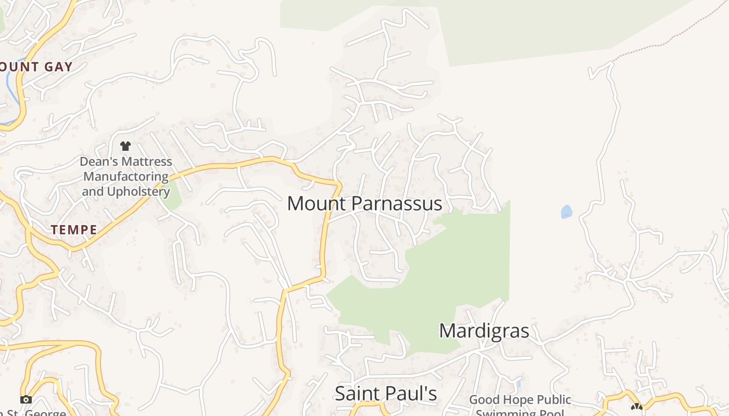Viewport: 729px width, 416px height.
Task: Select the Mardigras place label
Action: (484, 331)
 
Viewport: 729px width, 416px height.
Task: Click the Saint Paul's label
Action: (385, 394)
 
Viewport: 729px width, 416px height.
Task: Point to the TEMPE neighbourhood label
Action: (74, 230)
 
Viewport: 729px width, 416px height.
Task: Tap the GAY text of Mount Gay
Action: (58, 67)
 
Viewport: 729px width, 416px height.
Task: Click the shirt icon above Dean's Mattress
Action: (125, 146)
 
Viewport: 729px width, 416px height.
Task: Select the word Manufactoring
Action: (125, 176)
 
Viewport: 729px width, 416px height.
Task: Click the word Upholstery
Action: (139, 191)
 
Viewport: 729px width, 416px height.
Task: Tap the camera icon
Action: (26, 399)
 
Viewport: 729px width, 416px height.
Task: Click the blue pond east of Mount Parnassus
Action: (567, 212)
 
